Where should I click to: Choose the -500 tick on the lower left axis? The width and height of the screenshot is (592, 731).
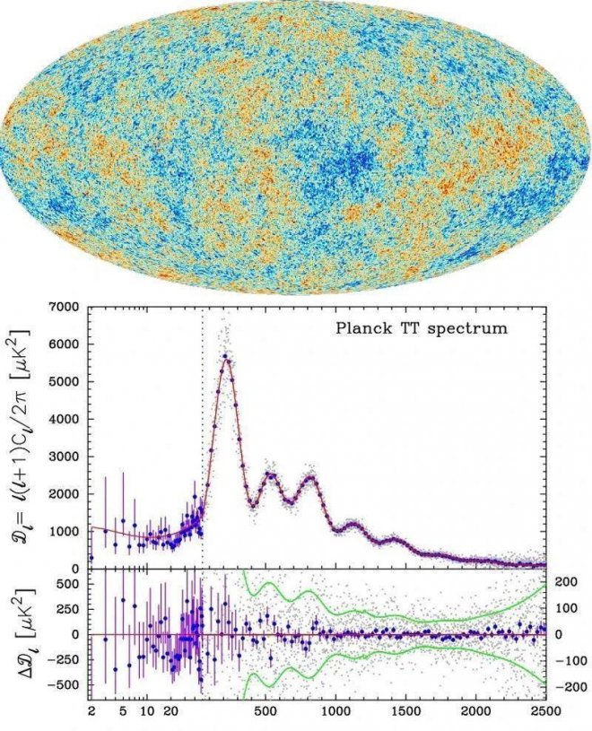(63, 686)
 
